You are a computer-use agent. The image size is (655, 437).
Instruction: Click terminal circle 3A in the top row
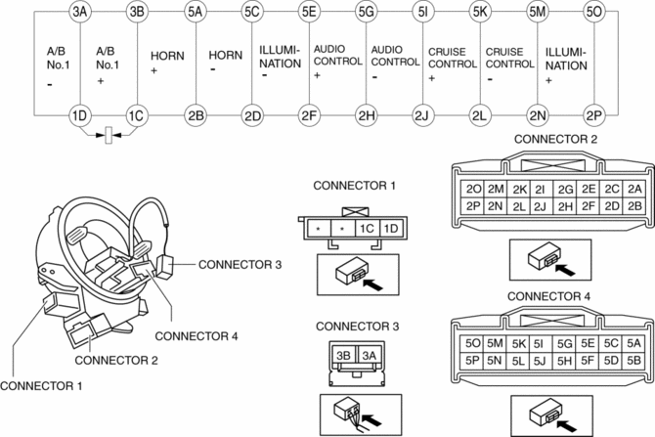(x=80, y=12)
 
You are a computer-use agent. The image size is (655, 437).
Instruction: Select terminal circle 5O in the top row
(x=593, y=12)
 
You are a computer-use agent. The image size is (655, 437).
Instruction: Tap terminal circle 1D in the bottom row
(x=80, y=115)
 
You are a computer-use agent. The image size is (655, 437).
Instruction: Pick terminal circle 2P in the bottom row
(x=593, y=115)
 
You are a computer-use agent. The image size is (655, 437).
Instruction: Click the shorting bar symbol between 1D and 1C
(x=109, y=135)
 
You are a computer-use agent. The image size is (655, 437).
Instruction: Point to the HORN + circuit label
(x=167, y=62)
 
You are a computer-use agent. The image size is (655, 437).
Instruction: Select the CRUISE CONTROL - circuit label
(x=509, y=65)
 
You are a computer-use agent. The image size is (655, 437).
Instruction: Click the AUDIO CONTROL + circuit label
(x=337, y=62)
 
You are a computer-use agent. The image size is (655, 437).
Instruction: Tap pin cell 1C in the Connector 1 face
(x=367, y=229)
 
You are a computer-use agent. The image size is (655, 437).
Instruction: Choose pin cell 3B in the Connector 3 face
(x=343, y=356)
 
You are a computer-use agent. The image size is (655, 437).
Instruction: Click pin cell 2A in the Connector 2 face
(x=634, y=190)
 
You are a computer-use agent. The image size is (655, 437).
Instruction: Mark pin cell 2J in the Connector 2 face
(x=540, y=206)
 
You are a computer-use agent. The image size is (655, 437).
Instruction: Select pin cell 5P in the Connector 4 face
(x=472, y=361)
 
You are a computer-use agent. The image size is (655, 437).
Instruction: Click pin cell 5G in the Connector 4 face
(x=564, y=343)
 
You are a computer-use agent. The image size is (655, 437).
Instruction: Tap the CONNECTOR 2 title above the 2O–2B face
(x=555, y=139)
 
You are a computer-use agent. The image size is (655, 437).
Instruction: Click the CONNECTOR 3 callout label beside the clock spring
(x=240, y=265)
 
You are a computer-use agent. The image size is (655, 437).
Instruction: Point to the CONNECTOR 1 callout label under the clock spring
(x=41, y=386)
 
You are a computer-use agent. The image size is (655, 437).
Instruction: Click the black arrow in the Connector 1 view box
(x=373, y=284)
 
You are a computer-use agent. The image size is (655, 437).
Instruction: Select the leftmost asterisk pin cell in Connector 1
(x=319, y=229)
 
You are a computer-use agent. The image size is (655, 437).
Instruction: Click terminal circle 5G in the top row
(x=366, y=12)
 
